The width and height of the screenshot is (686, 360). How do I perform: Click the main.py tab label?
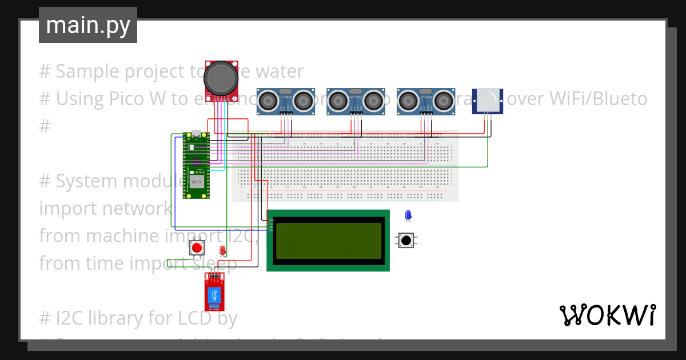[87, 25]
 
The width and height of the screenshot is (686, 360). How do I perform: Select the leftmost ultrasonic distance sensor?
[285, 101]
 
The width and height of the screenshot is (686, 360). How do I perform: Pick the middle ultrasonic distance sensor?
[355, 101]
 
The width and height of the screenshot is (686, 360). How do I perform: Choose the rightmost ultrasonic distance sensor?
[425, 101]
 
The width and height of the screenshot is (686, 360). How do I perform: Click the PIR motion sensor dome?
[487, 99]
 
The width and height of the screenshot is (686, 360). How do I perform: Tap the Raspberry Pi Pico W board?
[196, 165]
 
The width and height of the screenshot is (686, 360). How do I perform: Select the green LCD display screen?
[328, 241]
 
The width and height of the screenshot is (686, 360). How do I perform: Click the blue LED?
[408, 215]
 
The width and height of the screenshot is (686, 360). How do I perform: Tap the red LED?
[222, 250]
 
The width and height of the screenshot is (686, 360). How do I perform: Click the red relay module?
[214, 292]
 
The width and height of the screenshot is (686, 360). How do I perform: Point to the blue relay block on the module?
[214, 295]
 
